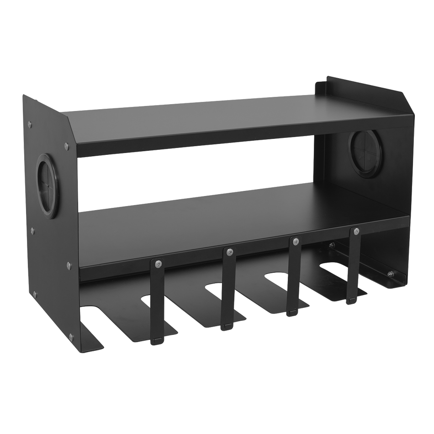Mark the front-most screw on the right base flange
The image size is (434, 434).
pyautogui.click(x=390, y=274)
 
